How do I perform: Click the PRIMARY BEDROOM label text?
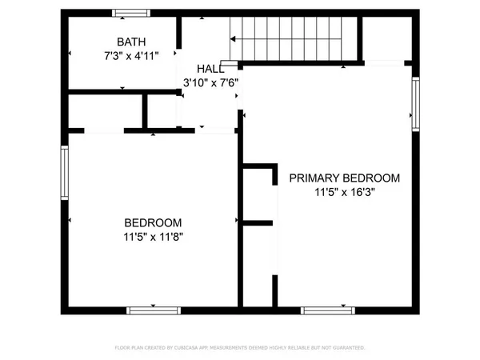(x=345, y=178)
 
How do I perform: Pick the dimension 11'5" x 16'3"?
(x=345, y=193)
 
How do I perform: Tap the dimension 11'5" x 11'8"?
(x=153, y=237)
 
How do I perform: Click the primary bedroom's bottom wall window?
(x=325, y=309)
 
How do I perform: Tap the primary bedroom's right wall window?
(x=415, y=102)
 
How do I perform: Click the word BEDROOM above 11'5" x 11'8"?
(x=153, y=222)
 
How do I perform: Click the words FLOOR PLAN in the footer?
(x=127, y=348)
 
